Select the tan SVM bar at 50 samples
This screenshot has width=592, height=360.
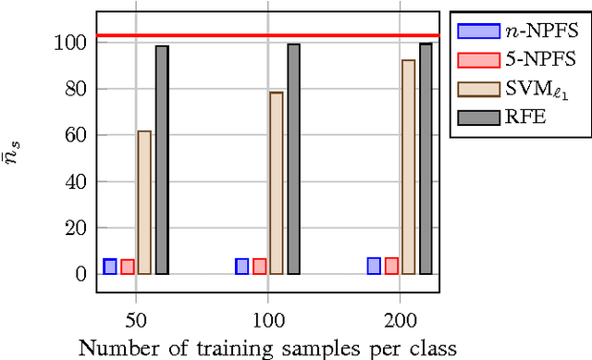(x=144, y=203)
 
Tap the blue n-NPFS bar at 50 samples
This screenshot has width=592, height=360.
(x=109, y=267)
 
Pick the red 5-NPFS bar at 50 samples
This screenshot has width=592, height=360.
(x=127, y=267)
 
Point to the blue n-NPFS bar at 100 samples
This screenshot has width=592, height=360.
(x=241, y=267)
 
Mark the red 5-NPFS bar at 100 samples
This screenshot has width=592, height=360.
(x=259, y=267)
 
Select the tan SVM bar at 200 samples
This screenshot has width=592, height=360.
(x=408, y=168)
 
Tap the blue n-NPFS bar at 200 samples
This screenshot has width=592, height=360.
(x=374, y=266)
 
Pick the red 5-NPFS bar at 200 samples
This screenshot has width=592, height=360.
(x=391, y=266)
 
